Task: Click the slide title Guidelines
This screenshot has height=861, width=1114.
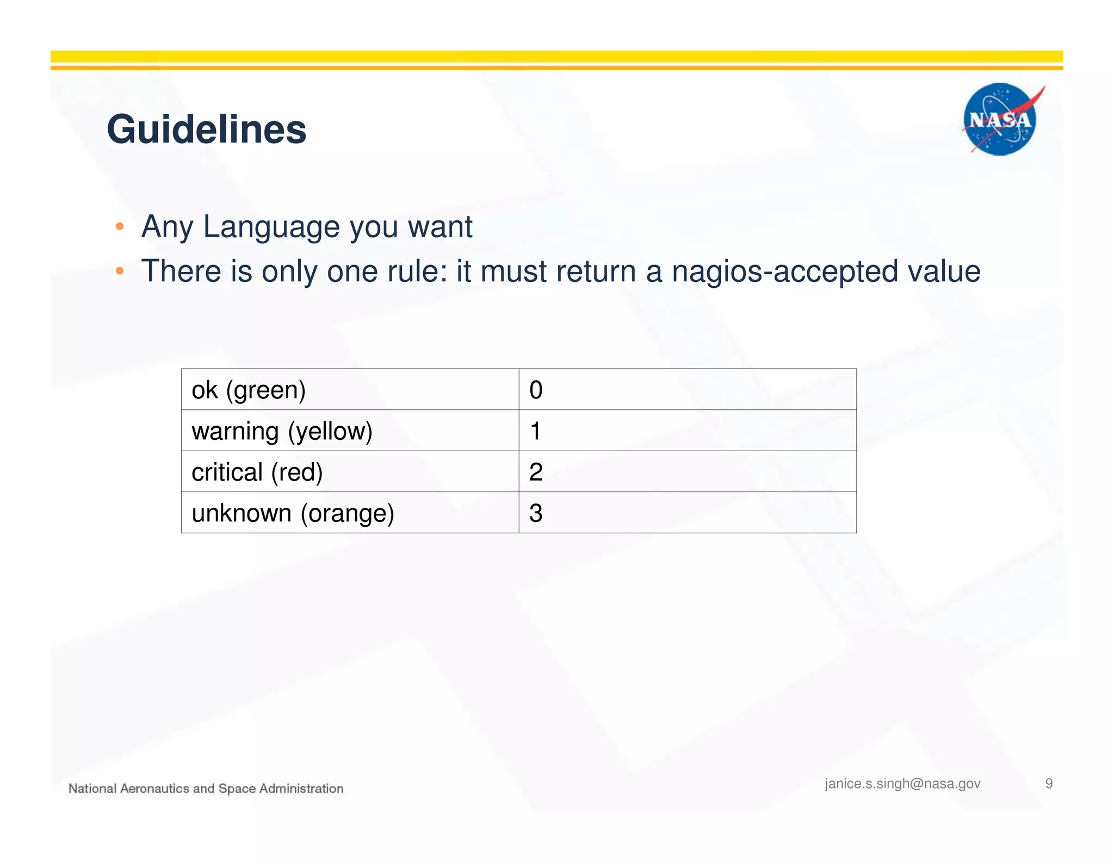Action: (207, 130)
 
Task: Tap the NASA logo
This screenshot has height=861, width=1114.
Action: (1000, 119)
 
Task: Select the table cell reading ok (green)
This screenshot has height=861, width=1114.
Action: (249, 390)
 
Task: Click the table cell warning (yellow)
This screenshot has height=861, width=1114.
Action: (282, 431)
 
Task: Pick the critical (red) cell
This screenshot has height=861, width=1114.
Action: (257, 472)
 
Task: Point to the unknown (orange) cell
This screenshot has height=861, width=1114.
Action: (293, 513)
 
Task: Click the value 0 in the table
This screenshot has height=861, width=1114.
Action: (536, 390)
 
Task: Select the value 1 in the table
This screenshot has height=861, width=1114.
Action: (536, 431)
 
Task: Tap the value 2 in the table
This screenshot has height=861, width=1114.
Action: (536, 472)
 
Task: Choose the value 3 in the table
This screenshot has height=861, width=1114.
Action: (536, 513)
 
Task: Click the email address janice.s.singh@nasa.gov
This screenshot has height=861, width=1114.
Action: (902, 783)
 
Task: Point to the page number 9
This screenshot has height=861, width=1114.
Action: (1049, 783)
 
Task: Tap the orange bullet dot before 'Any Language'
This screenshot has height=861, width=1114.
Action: (120, 226)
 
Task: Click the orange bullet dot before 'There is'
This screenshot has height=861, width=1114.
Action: (120, 271)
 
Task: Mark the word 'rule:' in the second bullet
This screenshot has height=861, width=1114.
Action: (418, 272)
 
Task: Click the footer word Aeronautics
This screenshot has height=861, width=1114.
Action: (154, 789)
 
